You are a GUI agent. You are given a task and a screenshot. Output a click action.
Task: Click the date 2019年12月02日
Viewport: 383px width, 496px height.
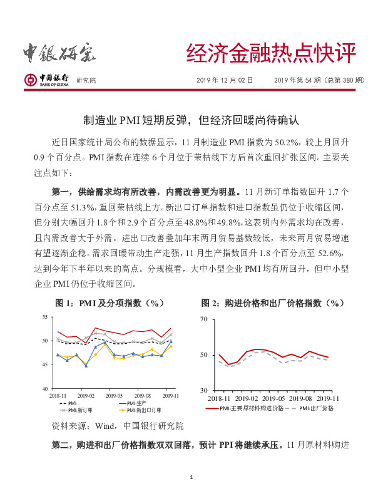tap(225, 80)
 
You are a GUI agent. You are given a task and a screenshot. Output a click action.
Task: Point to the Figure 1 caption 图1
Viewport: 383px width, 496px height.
tap(110, 303)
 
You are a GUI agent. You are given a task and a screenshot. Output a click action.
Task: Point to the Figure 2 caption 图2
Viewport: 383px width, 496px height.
tap(272, 303)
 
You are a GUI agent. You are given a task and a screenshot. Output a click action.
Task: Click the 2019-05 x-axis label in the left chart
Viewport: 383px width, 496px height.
tap(115, 396)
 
